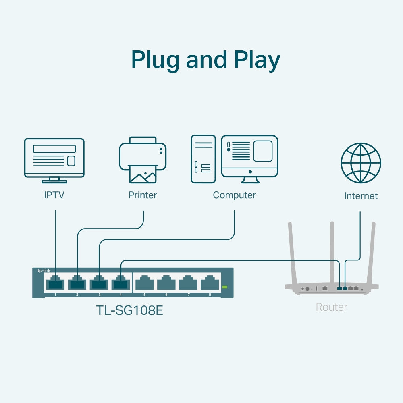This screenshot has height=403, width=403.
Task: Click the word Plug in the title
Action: pyautogui.click(x=156, y=60)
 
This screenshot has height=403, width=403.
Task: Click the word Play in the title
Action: pyautogui.click(x=257, y=60)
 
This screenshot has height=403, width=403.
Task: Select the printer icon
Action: pyautogui.click(x=143, y=160)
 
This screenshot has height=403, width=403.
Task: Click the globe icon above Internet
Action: pyautogui.click(x=361, y=163)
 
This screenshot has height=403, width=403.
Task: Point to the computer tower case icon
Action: pyautogui.click(x=203, y=159)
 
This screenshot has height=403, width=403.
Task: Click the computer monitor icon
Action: pyautogui.click(x=249, y=157)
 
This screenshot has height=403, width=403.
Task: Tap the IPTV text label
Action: pyautogui.click(x=54, y=195)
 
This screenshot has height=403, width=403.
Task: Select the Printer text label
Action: pyautogui.click(x=143, y=195)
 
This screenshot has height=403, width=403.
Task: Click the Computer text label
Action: pyautogui.click(x=234, y=195)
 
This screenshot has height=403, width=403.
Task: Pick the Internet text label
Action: pyautogui.click(x=361, y=196)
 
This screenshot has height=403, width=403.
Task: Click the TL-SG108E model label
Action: pyautogui.click(x=129, y=310)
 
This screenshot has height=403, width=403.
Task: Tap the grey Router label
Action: pyautogui.click(x=331, y=307)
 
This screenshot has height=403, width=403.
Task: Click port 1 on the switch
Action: pyautogui.click(x=55, y=283)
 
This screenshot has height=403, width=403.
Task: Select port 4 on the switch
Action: pyautogui.click(x=120, y=283)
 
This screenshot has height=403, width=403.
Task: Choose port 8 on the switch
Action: pyautogui.click(x=210, y=283)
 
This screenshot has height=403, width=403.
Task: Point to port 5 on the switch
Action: pyautogui.click(x=144, y=283)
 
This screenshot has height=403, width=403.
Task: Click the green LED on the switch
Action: pyautogui.click(x=225, y=287)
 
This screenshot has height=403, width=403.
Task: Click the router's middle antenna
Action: pyautogui.click(x=332, y=250)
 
